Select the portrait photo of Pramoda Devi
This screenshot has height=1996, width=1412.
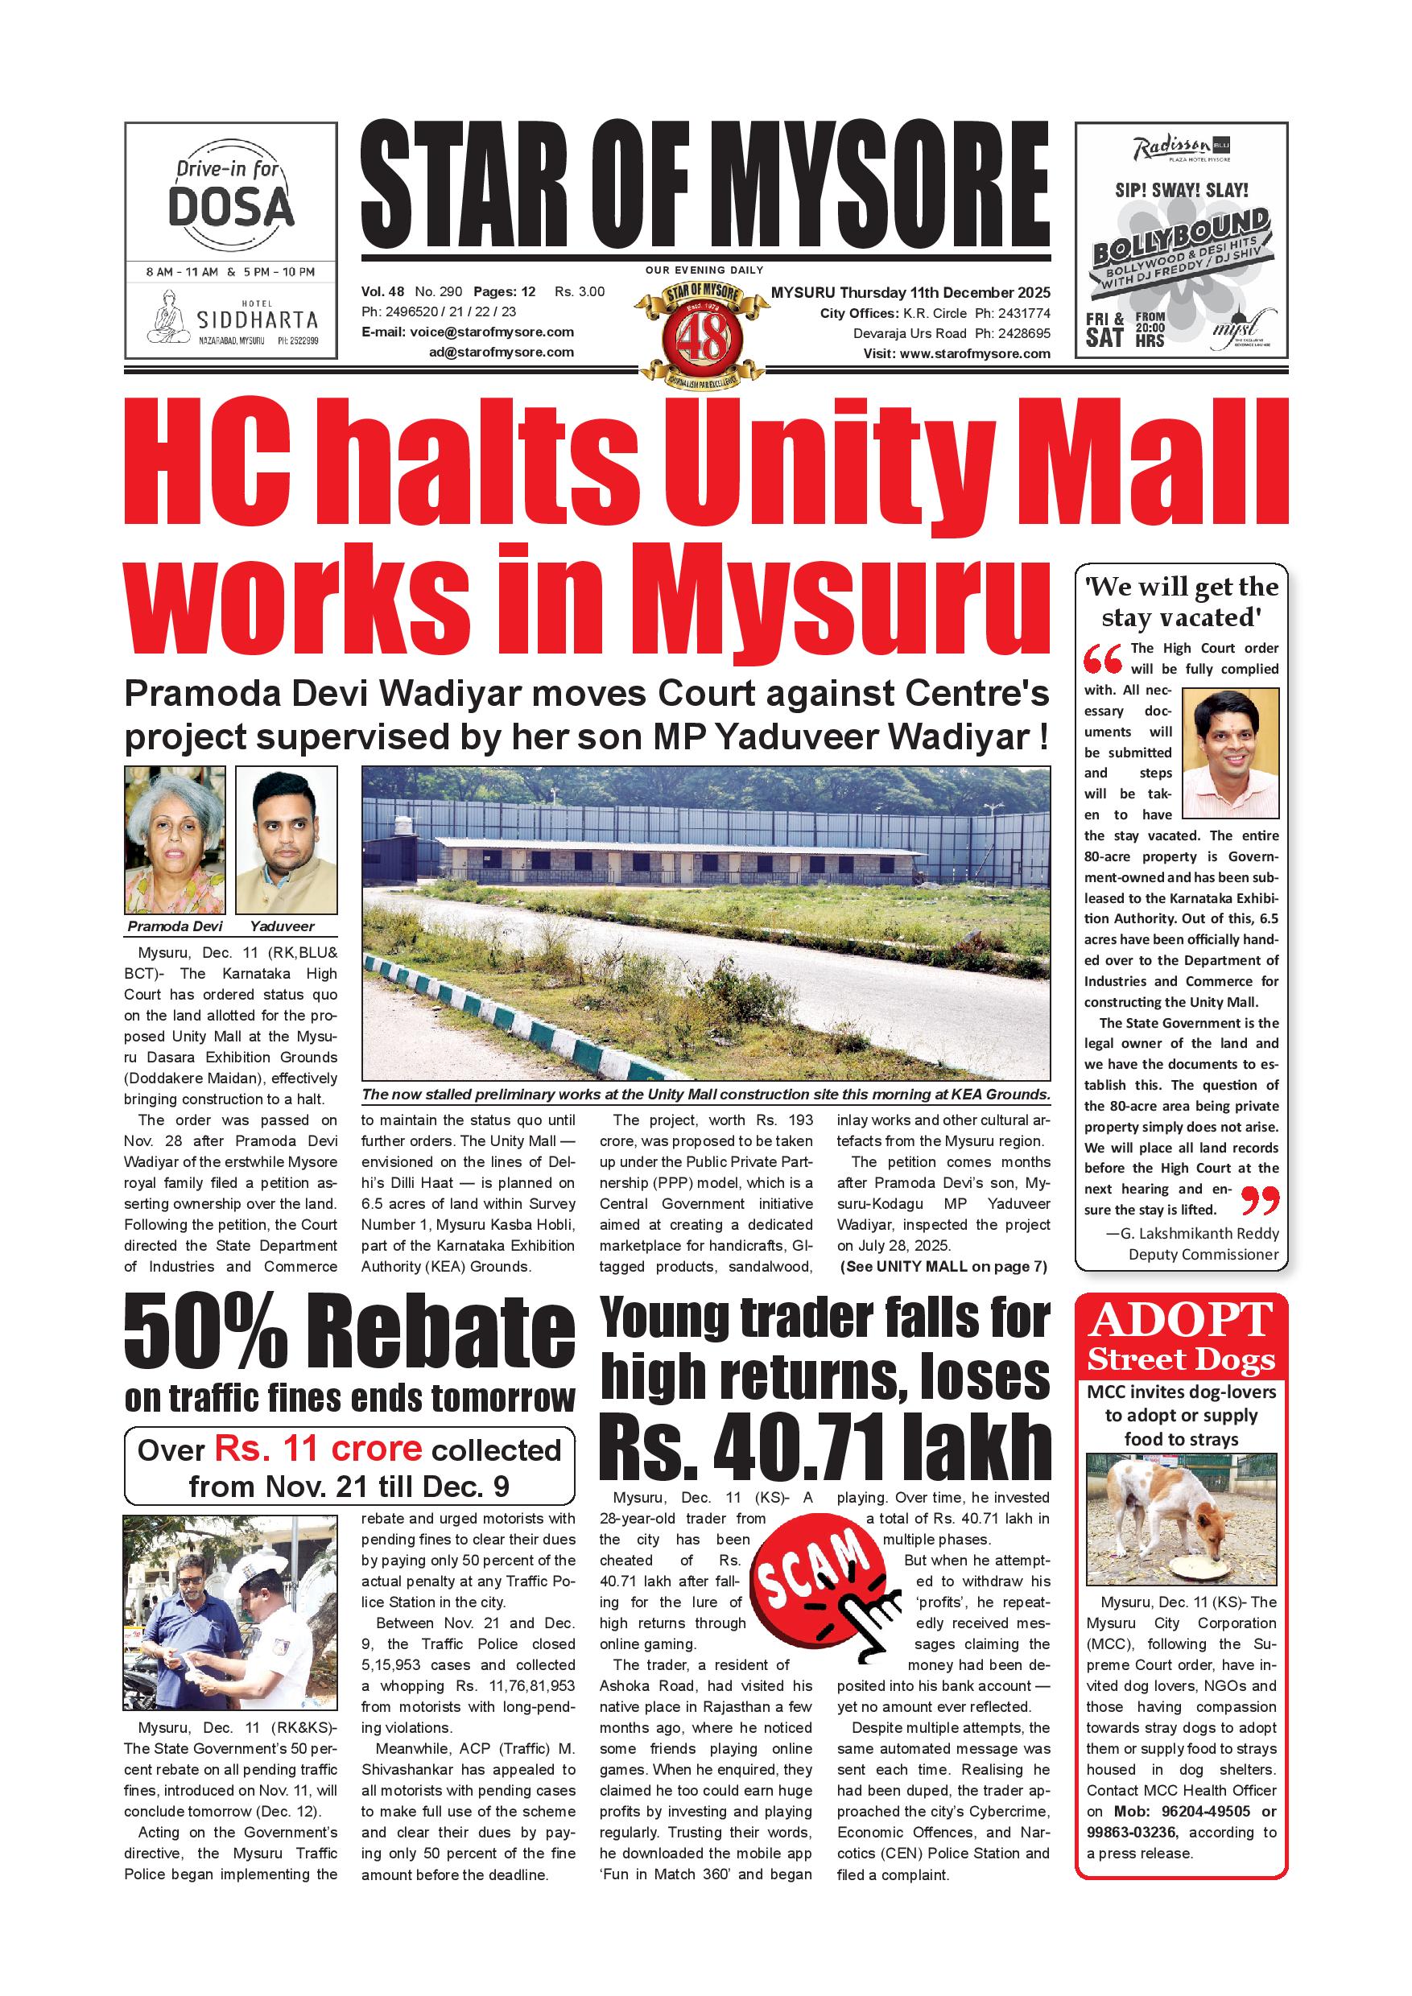(x=175, y=839)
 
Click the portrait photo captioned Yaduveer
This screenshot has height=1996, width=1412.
(x=286, y=839)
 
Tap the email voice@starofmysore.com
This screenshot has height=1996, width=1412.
(x=492, y=332)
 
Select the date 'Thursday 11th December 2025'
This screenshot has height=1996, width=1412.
(x=944, y=292)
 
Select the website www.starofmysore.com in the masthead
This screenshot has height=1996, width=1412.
(x=975, y=354)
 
